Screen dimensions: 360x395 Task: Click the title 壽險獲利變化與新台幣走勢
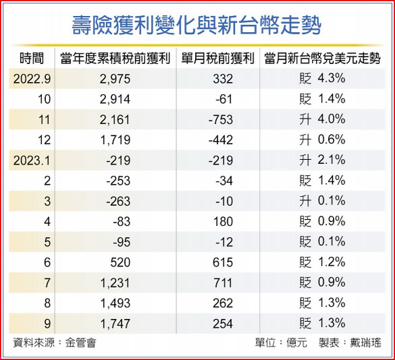(x=196, y=25)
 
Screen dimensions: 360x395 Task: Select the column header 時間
(x=31, y=59)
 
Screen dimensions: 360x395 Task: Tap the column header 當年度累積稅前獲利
(x=115, y=59)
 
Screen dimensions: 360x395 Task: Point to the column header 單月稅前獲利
(x=218, y=59)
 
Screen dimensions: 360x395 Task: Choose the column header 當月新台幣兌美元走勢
(x=322, y=59)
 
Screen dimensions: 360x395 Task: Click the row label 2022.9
(x=32, y=79)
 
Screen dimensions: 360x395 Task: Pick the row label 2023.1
(x=32, y=160)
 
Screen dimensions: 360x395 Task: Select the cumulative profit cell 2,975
(x=115, y=79)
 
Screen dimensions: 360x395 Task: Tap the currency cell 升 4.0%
(x=322, y=119)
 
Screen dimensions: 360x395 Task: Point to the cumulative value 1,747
(x=115, y=324)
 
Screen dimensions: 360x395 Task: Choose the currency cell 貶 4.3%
(x=322, y=79)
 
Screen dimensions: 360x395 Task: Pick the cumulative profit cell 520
(x=119, y=262)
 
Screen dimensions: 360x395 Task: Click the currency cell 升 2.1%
(x=322, y=160)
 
